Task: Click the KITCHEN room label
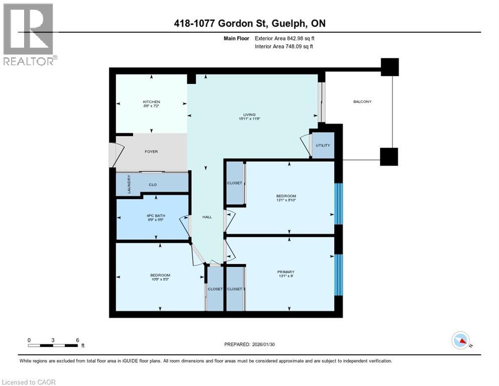pos(151,102)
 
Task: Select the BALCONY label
pos(362,102)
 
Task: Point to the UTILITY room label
pos(323,145)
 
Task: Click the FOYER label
pos(151,152)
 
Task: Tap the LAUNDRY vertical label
pos(129,184)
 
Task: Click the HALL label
pos(207,217)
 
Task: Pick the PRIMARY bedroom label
pos(286,272)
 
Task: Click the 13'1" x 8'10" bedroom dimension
pos(286,200)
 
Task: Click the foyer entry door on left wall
pos(112,155)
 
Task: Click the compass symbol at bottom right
pos(460,340)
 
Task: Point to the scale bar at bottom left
pos(53,345)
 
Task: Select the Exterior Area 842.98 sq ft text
pos(285,38)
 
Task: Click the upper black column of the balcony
pos(390,67)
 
